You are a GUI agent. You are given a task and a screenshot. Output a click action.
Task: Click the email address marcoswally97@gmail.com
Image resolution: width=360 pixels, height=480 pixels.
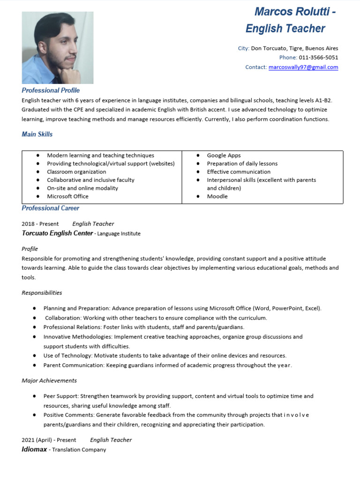pos(303,67)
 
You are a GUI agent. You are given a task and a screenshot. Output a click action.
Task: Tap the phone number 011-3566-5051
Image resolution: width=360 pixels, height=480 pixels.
pos(318,58)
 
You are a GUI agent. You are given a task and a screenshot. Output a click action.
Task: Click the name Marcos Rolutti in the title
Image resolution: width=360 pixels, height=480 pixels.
pos(291,12)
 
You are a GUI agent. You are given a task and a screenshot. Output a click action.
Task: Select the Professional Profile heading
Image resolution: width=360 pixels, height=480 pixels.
pos(51,90)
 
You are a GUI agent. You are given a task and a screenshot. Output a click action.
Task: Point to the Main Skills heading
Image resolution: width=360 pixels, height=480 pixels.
pos(37,135)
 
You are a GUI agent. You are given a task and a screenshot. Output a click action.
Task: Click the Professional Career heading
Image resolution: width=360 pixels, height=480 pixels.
pos(50,208)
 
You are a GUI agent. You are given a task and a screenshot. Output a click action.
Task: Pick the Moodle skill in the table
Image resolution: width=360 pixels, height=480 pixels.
pos(217,196)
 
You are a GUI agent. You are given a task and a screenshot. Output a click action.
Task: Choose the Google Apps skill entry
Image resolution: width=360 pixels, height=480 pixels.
pos(224,156)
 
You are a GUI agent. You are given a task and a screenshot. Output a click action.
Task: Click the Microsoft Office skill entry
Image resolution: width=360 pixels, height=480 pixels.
pos(67,196)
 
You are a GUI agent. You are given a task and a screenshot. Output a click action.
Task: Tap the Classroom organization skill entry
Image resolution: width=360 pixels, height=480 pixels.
pos(76,172)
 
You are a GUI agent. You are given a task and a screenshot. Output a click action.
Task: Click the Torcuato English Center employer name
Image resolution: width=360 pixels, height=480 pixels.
pos(57,233)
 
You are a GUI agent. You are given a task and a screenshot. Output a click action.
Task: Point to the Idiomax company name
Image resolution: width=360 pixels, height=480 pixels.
pos(34,450)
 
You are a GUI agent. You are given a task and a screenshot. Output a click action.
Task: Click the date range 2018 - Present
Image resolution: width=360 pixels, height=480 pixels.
pos(40,224)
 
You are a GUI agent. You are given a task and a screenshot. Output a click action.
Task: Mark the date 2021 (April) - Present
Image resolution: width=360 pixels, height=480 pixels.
pos(49,440)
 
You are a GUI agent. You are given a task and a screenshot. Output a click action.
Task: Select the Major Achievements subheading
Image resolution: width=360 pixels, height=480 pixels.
pos(49,381)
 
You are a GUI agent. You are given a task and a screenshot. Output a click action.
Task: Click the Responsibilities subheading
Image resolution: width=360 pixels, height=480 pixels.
pos(42,293)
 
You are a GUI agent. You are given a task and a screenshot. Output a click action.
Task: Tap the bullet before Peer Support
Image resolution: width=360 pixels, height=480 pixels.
pos(35,396)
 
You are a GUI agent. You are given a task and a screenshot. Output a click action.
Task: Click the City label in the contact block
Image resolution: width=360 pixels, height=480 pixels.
pos(243,48)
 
